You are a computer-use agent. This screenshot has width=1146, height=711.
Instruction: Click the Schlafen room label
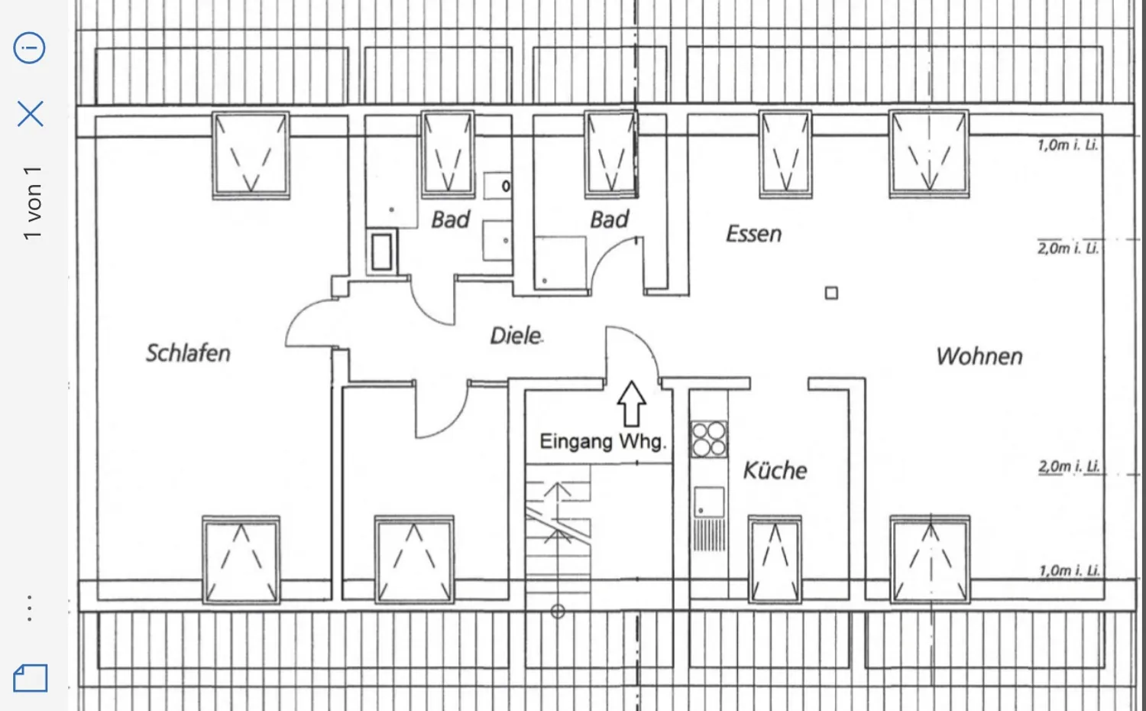point(188,353)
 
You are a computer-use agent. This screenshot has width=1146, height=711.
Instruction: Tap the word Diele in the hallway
point(516,336)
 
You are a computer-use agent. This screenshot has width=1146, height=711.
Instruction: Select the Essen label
point(753,234)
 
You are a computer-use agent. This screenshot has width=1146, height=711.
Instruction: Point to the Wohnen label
point(979,356)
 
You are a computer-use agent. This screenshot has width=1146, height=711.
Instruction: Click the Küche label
point(775,470)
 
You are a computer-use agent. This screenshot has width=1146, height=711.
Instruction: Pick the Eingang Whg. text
point(604,441)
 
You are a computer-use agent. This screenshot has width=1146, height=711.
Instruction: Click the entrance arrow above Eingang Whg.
point(631,404)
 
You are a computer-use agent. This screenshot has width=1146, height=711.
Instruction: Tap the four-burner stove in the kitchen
point(708,439)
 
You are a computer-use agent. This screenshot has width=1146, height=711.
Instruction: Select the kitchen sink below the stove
point(709,502)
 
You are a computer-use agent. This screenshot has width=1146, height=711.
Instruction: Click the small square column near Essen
point(831,293)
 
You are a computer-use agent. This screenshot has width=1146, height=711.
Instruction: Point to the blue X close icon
point(31,113)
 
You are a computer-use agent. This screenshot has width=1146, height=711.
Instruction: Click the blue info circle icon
point(29,47)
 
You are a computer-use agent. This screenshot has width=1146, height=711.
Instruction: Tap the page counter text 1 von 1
point(32,203)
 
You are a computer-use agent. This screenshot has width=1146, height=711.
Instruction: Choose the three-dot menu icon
point(30,608)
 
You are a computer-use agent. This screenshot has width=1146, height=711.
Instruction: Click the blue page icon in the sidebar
point(31,678)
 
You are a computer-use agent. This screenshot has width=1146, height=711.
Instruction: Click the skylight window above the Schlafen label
point(251,155)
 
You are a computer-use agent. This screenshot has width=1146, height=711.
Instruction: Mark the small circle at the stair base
point(558,611)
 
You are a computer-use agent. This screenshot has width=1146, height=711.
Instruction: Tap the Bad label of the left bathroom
point(450,219)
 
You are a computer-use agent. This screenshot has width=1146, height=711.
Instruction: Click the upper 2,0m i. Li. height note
point(1068,248)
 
